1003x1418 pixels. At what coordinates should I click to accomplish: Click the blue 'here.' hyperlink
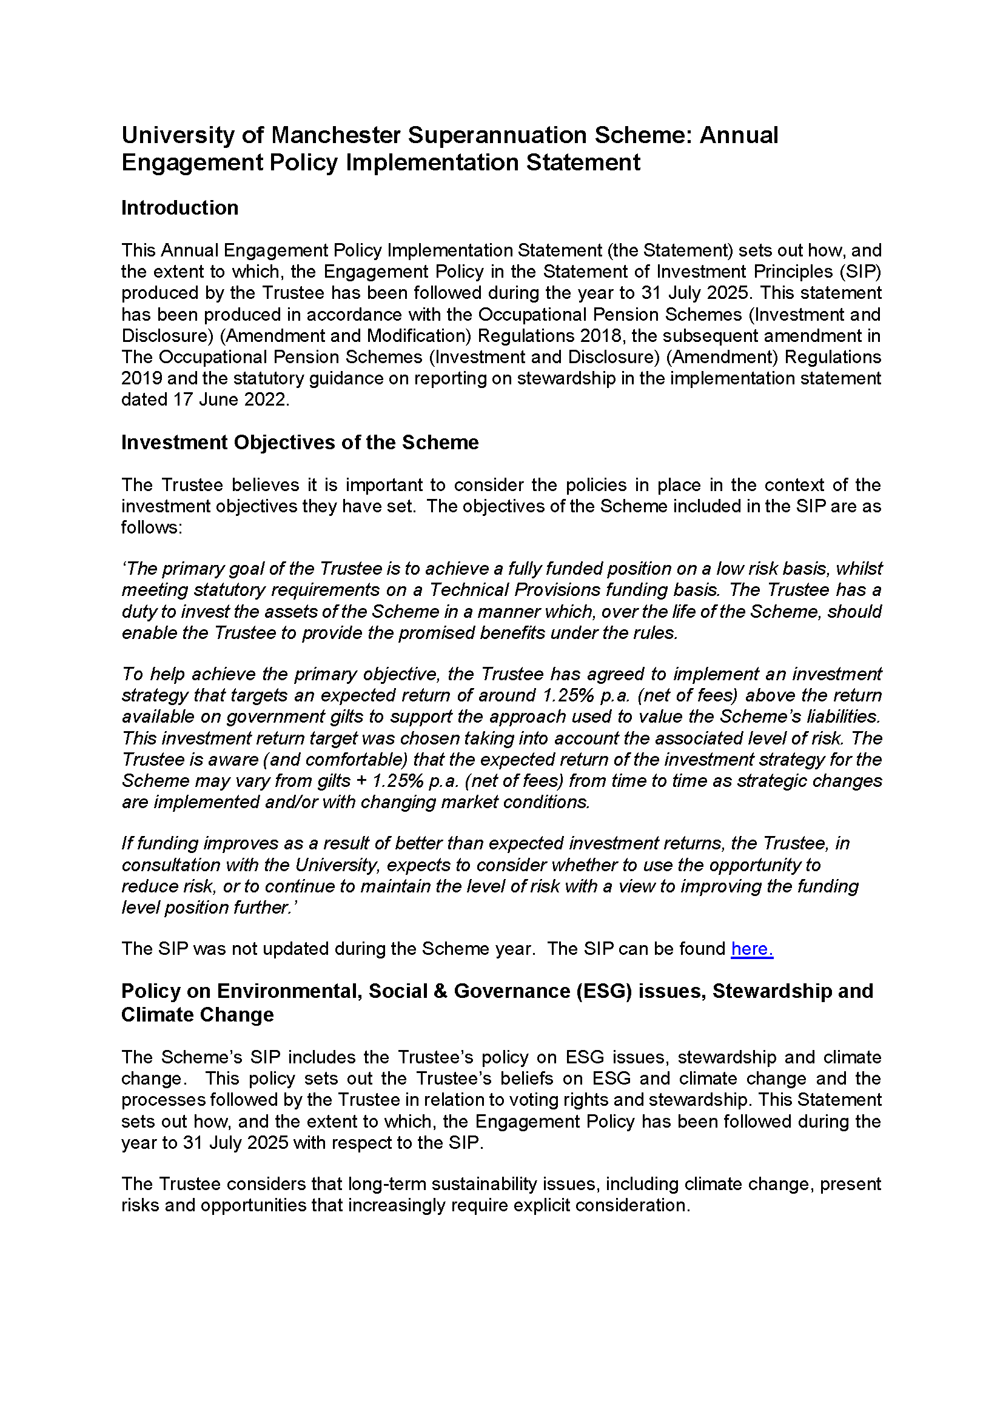point(751,949)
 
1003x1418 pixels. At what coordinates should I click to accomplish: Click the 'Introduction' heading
point(179,208)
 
